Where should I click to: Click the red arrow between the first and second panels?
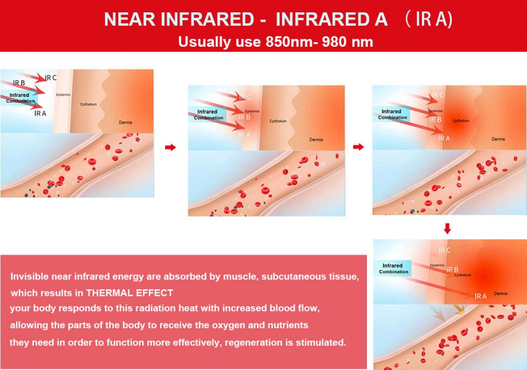coord(170,147)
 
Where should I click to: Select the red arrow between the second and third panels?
coord(359,147)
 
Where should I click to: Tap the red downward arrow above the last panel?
coord(447,228)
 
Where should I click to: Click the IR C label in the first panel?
coord(51,78)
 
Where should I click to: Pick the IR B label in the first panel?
coord(19,83)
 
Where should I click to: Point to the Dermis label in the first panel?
coord(126,122)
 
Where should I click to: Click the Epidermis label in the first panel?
coord(63,95)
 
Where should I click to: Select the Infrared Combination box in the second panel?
coord(208,115)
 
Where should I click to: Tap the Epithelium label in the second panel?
coord(278,121)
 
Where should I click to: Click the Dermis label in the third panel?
coord(498,139)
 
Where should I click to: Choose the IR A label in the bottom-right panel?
coord(480,296)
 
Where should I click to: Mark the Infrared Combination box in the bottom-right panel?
coord(393,269)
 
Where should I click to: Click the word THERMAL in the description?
coord(107,293)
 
